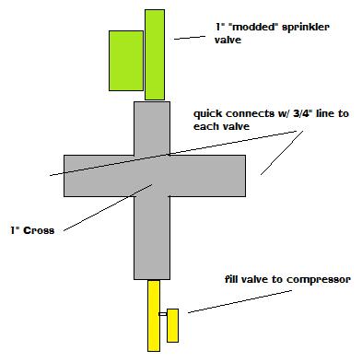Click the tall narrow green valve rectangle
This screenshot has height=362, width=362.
tap(155, 55)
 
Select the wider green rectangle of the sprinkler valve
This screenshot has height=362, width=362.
tap(125, 60)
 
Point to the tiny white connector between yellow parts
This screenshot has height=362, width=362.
tap(162, 315)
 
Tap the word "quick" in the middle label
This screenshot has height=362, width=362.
tap(207, 115)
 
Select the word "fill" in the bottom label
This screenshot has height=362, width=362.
tap(233, 279)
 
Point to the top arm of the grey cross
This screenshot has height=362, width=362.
tap(153, 126)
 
